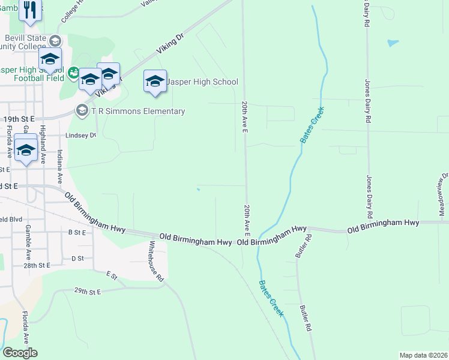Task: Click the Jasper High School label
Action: pyautogui.click(x=202, y=82)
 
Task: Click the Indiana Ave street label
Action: pyautogui.click(x=59, y=166)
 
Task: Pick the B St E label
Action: pyautogui.click(x=77, y=232)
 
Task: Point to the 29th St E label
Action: pyautogui.click(x=88, y=291)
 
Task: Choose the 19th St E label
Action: pyautogui.click(x=20, y=119)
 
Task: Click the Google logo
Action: pyautogui.click(x=20, y=353)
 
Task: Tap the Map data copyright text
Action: pyautogui.click(x=423, y=355)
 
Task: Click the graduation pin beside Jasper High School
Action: pyautogui.click(x=155, y=81)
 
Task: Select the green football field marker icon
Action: pyautogui.click(x=73, y=73)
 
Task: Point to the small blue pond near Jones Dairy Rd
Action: pyautogui.click(x=393, y=43)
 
